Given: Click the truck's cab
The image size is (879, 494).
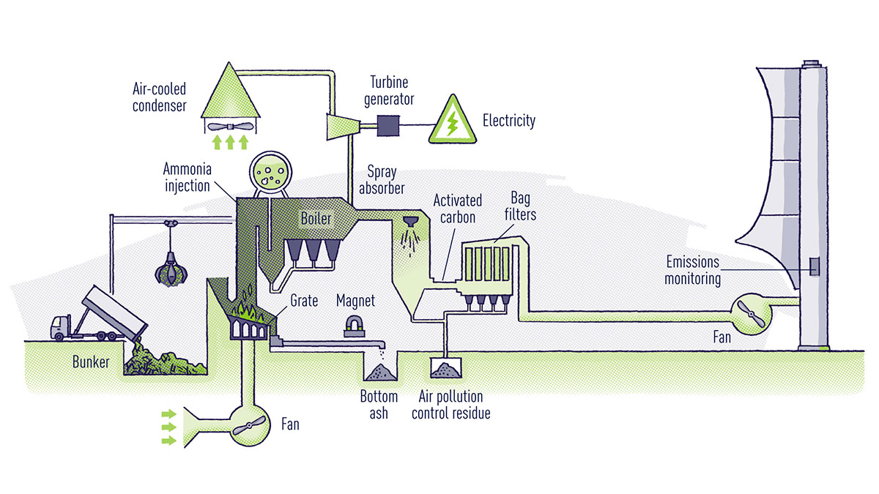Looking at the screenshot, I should point(60,326).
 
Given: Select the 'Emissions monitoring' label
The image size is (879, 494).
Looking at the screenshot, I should point(692,270).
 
